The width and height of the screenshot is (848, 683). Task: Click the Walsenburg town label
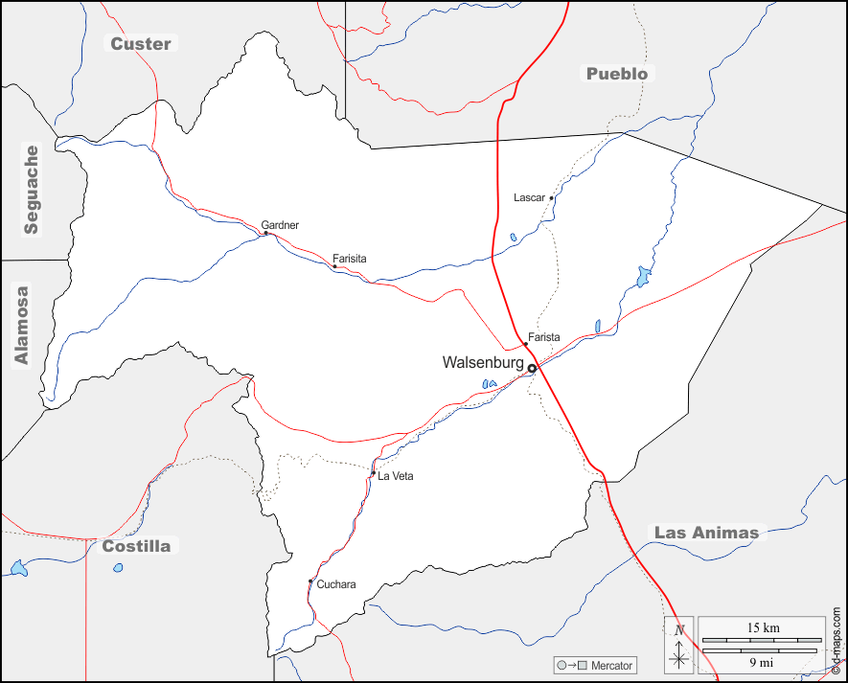click(x=482, y=362)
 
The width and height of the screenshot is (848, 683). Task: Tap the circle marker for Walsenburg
click(x=532, y=367)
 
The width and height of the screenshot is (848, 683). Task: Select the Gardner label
click(x=280, y=225)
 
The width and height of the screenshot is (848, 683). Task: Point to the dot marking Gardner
click(x=265, y=233)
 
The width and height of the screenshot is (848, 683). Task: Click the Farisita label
click(x=349, y=259)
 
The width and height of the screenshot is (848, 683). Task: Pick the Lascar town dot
click(x=552, y=198)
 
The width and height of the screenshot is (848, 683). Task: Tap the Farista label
click(x=543, y=337)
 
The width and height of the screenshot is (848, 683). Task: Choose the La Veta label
click(x=395, y=476)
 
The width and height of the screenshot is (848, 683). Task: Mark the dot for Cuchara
click(x=309, y=581)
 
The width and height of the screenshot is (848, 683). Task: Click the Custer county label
click(x=141, y=43)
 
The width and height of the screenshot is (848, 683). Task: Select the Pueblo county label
click(x=617, y=74)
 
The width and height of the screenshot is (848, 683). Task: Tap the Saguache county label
click(x=32, y=190)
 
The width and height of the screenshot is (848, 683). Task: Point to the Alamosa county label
click(x=22, y=325)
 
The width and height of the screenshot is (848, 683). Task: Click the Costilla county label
click(x=136, y=546)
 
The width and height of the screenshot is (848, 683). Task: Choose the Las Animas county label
click(x=706, y=533)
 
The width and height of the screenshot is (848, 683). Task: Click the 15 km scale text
click(x=763, y=627)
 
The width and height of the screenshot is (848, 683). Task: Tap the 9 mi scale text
click(x=762, y=661)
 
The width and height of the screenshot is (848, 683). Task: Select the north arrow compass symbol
click(x=679, y=646)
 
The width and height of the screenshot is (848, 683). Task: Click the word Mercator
click(x=611, y=665)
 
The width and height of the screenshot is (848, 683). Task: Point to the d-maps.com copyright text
click(x=837, y=641)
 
